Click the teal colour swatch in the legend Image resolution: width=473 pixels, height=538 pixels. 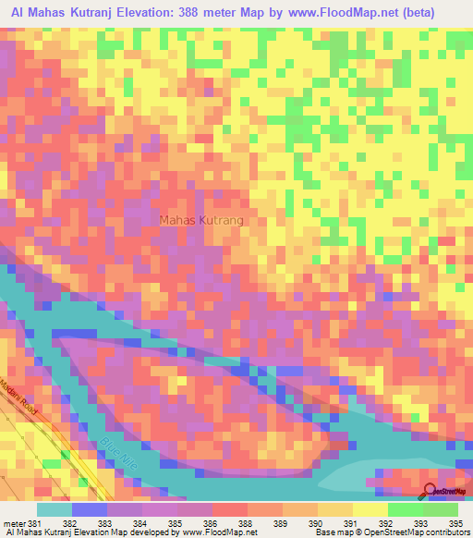tap(55, 509)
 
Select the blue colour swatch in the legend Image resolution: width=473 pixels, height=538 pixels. tap(90, 509)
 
